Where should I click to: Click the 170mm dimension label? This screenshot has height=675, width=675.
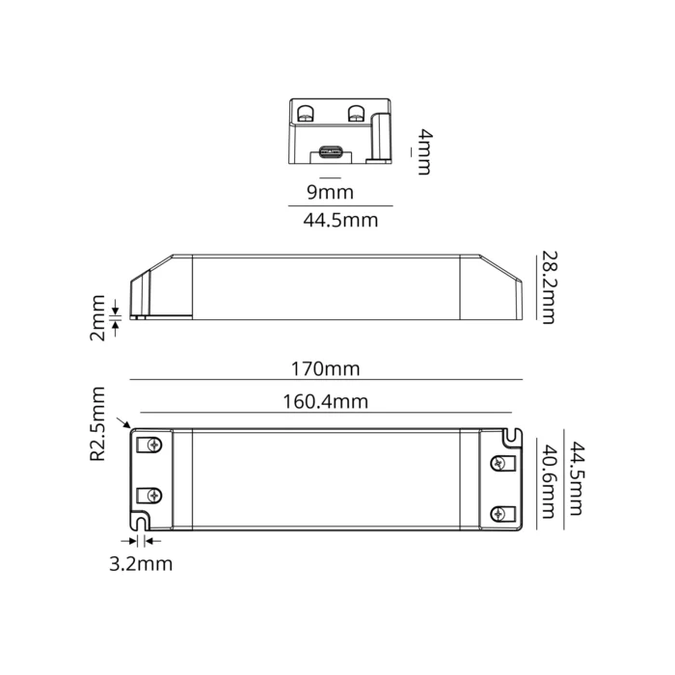pos(325,368)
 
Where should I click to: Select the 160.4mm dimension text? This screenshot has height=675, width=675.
pos(325,401)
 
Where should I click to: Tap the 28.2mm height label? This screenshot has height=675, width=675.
pos(548,287)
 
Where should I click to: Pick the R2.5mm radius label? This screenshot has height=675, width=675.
pos(97,423)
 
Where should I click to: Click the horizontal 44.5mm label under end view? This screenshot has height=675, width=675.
pos(340,220)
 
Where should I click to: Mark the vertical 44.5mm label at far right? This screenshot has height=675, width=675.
pos(577,480)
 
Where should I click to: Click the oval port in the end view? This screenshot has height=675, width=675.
pos(331,151)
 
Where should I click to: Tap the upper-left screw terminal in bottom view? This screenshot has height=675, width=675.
pos(151,445)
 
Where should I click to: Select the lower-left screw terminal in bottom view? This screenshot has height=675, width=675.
pos(151,497)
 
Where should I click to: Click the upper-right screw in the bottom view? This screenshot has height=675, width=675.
pos(499,463)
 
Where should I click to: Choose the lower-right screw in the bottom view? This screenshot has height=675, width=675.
pos(499,513)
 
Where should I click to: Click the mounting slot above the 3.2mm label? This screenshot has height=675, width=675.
pos(141,524)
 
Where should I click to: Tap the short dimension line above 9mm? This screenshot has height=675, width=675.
pos(330,179)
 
